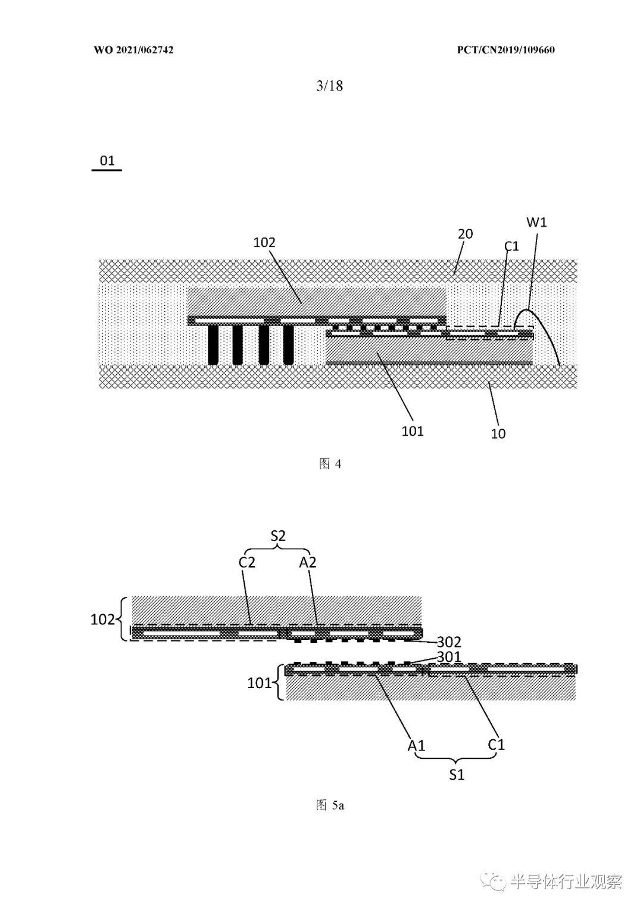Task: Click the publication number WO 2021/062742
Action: pyautogui.click(x=134, y=50)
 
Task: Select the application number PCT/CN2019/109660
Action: pyautogui.click(x=505, y=50)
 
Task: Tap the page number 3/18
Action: pyautogui.click(x=330, y=86)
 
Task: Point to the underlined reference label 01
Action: pyautogui.click(x=107, y=161)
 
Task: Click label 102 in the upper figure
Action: pyautogui.click(x=264, y=243)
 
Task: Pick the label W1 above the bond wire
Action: pyautogui.click(x=536, y=222)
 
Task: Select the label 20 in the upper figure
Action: pyautogui.click(x=466, y=234)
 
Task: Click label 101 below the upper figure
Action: pyautogui.click(x=413, y=431)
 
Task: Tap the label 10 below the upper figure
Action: pyautogui.click(x=498, y=434)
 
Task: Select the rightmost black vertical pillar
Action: pyautogui.click(x=288, y=345)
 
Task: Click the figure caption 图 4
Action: pyautogui.click(x=330, y=464)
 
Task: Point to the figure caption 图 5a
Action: pyautogui.click(x=330, y=805)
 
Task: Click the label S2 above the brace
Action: pyautogui.click(x=278, y=536)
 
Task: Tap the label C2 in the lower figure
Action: pyautogui.click(x=246, y=562)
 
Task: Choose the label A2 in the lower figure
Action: pyautogui.click(x=308, y=562)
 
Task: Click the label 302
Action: pyautogui.click(x=449, y=642)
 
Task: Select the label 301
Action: pyautogui.click(x=449, y=656)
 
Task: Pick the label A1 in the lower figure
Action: pyautogui.click(x=417, y=746)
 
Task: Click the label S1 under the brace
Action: pyautogui.click(x=457, y=775)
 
